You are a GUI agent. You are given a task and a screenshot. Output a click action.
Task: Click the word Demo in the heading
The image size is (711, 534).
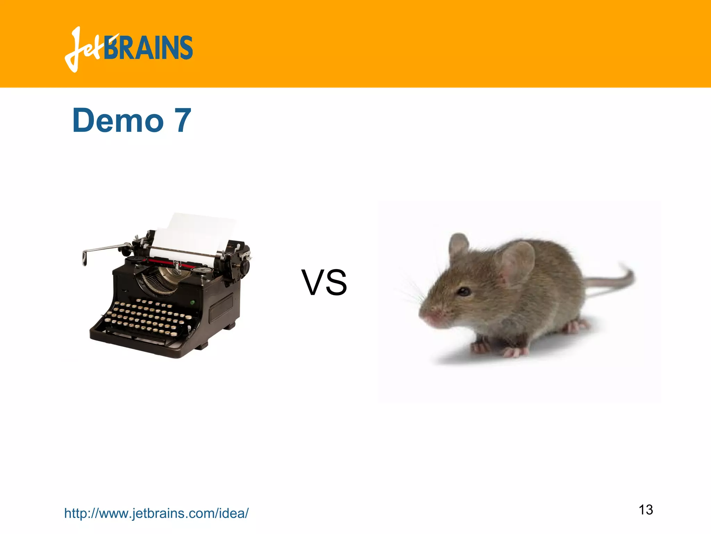tap(118, 121)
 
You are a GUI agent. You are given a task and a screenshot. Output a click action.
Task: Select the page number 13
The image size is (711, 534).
tap(646, 510)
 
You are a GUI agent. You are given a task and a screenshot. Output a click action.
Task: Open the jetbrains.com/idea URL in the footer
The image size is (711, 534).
tap(156, 513)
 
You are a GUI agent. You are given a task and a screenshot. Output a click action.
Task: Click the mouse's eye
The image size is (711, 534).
tap(464, 291)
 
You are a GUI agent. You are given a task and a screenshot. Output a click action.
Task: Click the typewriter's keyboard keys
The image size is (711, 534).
tap(146, 318)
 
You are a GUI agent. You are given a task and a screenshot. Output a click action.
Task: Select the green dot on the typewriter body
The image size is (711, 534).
tap(193, 302)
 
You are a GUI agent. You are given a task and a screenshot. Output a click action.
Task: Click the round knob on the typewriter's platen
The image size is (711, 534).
tap(246, 266)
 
